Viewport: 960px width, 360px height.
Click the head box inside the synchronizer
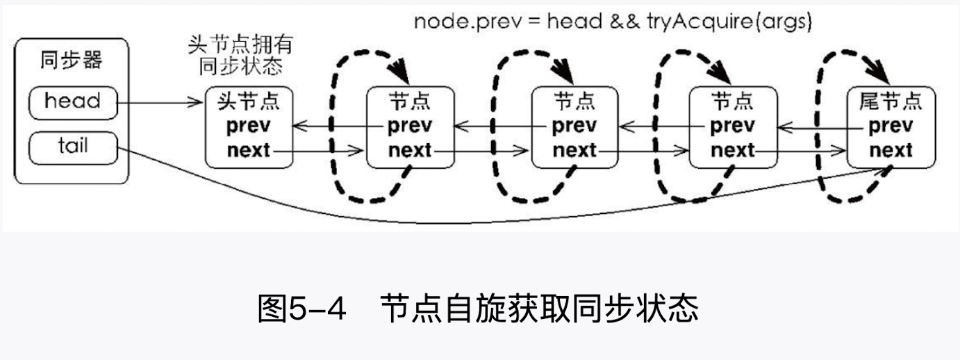click(x=72, y=102)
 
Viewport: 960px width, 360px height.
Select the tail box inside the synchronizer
click(x=72, y=146)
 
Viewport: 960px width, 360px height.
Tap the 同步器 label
click(x=72, y=60)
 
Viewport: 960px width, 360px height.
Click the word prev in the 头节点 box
click(x=249, y=126)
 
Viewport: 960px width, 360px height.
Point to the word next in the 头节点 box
click(x=249, y=150)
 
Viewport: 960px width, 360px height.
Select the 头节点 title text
click(x=249, y=103)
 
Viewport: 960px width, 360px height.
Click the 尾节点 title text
click(x=891, y=103)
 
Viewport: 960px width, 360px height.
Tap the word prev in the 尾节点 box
click(x=891, y=126)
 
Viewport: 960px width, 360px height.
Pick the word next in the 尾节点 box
click(x=891, y=150)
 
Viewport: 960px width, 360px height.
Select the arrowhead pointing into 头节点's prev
click(x=299, y=126)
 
